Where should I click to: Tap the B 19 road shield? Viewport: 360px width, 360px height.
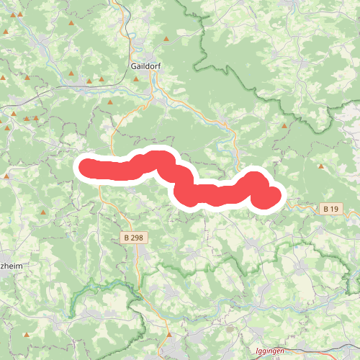[330, 209]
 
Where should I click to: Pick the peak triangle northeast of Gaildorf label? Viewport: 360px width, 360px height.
[166, 39]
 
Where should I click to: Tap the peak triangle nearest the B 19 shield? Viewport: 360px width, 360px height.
[320, 167]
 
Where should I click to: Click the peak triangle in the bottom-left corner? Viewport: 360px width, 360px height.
[30, 336]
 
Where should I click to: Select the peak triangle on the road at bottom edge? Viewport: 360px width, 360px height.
[169, 335]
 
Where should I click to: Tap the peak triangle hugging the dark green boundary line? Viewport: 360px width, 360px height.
[284, 126]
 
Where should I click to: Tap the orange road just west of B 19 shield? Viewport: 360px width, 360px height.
[306, 207]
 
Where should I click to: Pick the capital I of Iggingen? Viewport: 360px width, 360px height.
[257, 352]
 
